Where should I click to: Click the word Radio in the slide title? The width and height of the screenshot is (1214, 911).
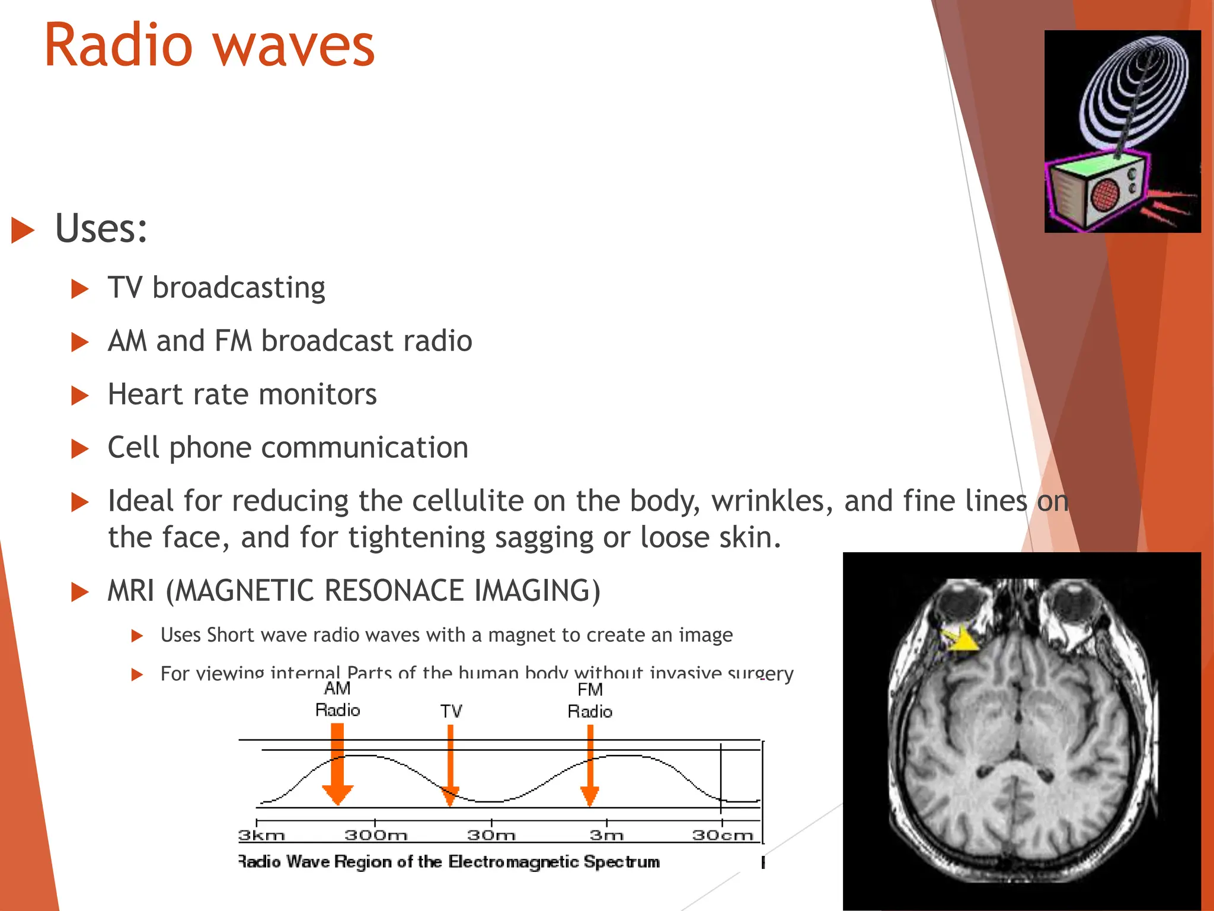point(119,46)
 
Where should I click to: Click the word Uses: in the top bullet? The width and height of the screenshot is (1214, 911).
point(101,228)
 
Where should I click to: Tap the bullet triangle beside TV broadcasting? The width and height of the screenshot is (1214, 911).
point(79,289)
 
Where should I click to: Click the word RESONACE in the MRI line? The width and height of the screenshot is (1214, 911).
point(394,591)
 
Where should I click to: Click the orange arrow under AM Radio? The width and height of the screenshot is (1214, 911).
point(337,765)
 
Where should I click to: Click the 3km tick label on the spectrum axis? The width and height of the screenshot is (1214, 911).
point(261,835)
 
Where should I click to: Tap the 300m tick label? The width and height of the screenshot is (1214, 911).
point(376,835)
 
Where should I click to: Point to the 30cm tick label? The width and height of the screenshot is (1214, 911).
point(722,835)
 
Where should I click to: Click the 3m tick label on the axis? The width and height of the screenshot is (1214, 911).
point(606,835)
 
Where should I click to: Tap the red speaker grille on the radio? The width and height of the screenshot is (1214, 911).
point(1106,195)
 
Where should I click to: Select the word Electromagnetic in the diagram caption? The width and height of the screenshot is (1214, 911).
point(513,862)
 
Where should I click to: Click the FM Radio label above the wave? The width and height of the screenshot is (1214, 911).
point(590,700)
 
